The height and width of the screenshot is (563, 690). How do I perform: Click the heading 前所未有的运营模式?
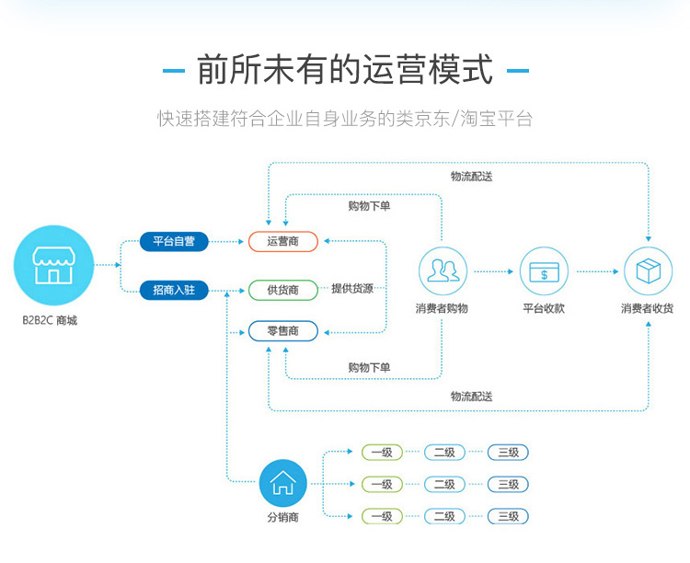[345, 70]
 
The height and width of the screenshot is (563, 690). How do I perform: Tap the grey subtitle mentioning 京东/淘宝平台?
[345, 119]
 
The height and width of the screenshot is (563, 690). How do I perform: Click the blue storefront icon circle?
[54, 266]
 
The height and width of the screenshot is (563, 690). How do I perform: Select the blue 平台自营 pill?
[173, 242]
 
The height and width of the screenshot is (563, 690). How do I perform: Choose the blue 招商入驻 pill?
[173, 290]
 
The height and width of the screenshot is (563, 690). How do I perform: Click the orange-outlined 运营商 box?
[282, 242]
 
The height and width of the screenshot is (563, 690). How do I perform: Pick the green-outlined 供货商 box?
[282, 290]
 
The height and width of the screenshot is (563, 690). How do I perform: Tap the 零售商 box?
[282, 331]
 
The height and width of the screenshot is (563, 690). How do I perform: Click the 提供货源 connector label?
[352, 289]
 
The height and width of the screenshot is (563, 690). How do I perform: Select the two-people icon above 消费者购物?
[443, 271]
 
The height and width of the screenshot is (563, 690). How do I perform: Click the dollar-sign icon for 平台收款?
[544, 271]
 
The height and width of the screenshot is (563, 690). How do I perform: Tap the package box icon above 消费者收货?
[648, 271]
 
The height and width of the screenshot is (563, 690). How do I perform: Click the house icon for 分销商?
[282, 483]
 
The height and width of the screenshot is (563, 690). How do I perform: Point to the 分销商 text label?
[282, 517]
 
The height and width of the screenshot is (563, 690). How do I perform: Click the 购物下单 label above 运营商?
[369, 206]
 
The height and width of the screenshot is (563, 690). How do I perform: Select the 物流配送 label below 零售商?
[471, 396]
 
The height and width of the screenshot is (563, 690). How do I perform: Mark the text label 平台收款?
[544, 308]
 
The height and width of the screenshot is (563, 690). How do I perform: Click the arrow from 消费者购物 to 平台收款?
[493, 271]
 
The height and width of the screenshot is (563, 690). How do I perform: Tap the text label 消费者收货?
[648, 308]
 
